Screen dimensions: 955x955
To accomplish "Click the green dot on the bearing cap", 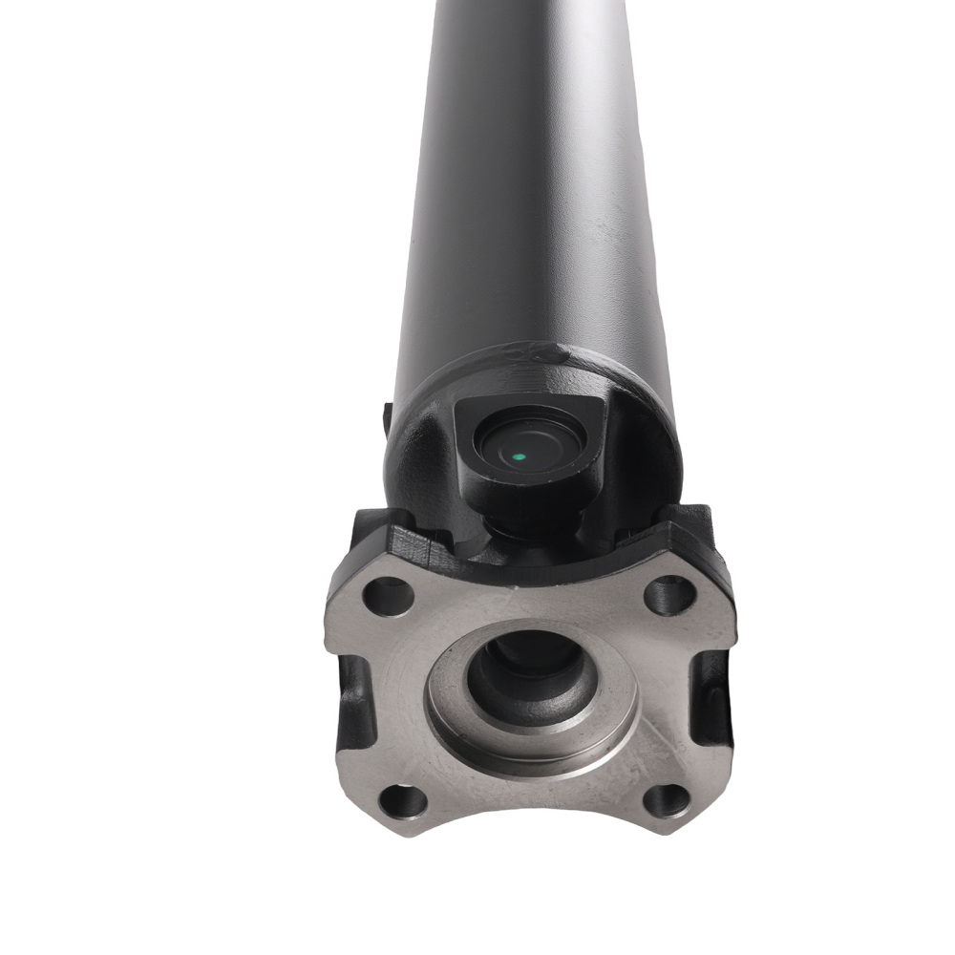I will tap(518, 456).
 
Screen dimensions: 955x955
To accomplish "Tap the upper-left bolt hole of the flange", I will tap(389, 597).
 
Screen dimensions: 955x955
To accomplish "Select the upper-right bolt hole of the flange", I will tap(669, 595).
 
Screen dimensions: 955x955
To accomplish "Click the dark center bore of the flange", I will tap(523, 674).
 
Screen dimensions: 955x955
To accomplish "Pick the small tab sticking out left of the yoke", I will tap(387, 415).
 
